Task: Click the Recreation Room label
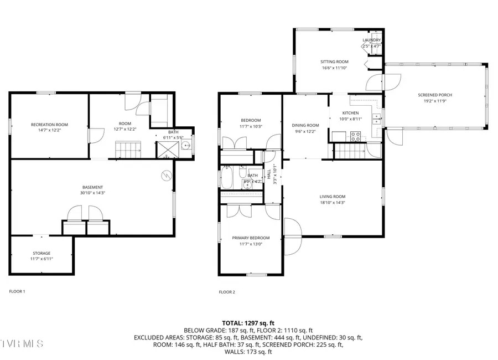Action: [49, 125]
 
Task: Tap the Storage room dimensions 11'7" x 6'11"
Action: [41, 259]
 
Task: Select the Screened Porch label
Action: [434, 95]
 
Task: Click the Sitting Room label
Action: [334, 61]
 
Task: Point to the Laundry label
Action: [371, 40]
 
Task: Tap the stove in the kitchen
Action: [354, 136]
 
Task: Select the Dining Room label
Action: [305, 125]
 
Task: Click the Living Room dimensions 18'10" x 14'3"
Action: [332, 203]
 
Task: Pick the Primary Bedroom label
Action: [251, 238]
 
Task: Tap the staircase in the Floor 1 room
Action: [128, 150]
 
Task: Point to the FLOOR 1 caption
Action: [17, 291]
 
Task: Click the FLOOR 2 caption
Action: [227, 292]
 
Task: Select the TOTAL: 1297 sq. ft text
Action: [248, 323]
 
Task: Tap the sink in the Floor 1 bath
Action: [187, 147]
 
